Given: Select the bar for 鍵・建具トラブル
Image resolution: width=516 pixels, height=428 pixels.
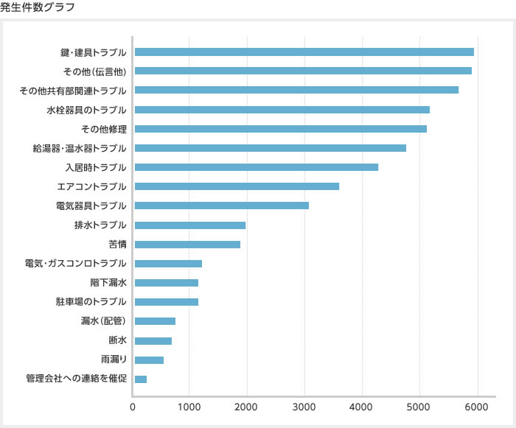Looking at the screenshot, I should click(x=304, y=52).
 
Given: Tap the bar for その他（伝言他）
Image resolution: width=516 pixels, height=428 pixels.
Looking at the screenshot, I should click(x=303, y=71).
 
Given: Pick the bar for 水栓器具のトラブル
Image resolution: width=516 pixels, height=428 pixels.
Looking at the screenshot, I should click(x=282, y=110).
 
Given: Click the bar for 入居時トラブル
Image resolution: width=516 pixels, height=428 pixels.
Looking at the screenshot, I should click(x=256, y=167).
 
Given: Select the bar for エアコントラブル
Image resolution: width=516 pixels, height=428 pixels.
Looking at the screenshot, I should click(x=237, y=186).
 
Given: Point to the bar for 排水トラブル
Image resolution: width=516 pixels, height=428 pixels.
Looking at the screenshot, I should click(x=189, y=225).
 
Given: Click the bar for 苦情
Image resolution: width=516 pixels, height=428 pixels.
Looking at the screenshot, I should click(x=187, y=244).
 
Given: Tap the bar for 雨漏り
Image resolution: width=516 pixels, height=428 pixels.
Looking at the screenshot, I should click(x=149, y=359).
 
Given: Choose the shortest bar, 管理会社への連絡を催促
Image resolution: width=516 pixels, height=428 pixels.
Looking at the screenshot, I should click(x=140, y=379).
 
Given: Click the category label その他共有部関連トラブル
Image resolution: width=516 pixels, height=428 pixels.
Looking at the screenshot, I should click(x=73, y=91).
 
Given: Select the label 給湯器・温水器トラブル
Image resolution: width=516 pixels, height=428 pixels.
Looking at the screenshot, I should click(x=80, y=148).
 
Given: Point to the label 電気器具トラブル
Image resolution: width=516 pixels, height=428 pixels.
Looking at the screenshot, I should click(x=91, y=206).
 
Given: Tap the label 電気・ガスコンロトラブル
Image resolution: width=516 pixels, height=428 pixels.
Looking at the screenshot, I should click(x=76, y=263).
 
